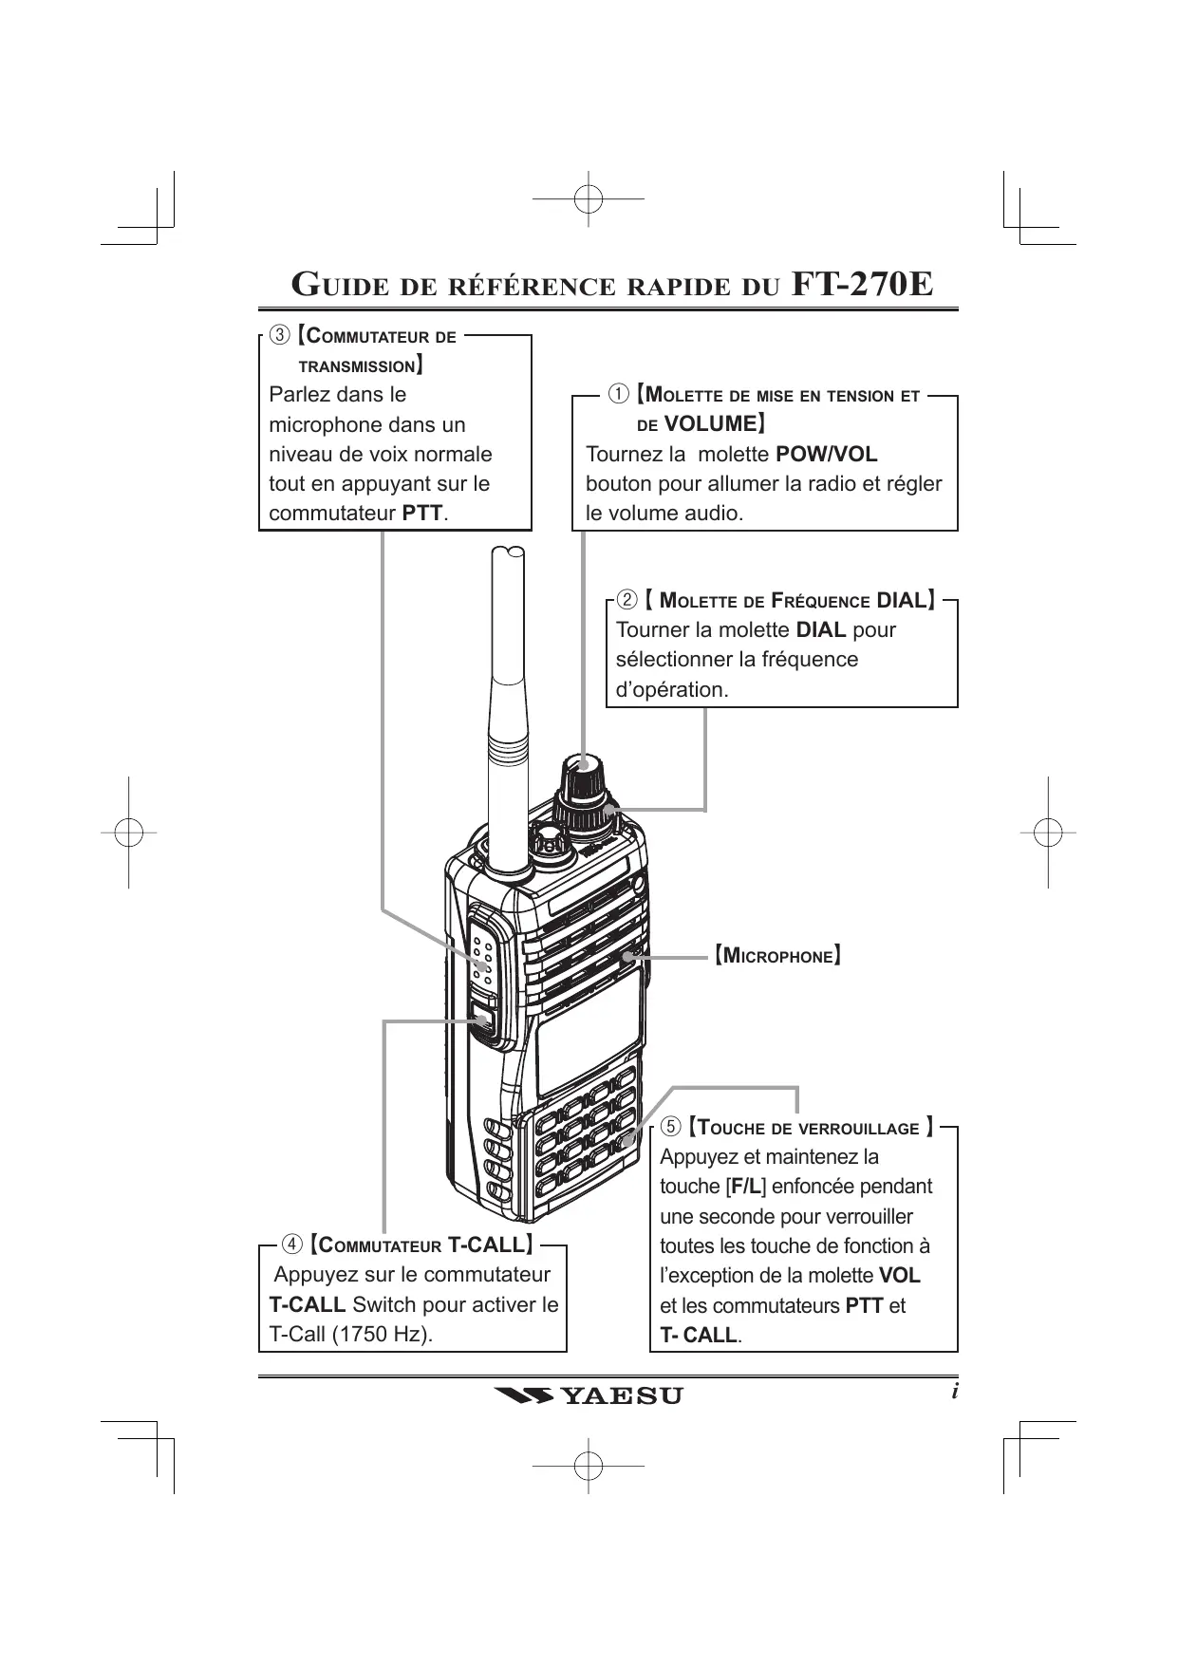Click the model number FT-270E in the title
[x=862, y=284]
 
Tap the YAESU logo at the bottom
[x=589, y=1395]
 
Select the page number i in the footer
[x=955, y=1392]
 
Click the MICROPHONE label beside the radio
[x=777, y=955]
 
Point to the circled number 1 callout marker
[x=618, y=393]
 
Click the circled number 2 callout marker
[x=626, y=599]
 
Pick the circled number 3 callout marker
[x=279, y=335]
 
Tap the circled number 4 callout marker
[x=292, y=1244]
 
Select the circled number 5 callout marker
[x=671, y=1127]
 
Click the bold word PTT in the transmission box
[x=422, y=514]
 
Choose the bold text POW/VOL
[x=826, y=454]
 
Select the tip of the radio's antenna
[x=509, y=552]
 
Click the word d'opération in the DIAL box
[x=671, y=690]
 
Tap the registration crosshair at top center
[x=589, y=199]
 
